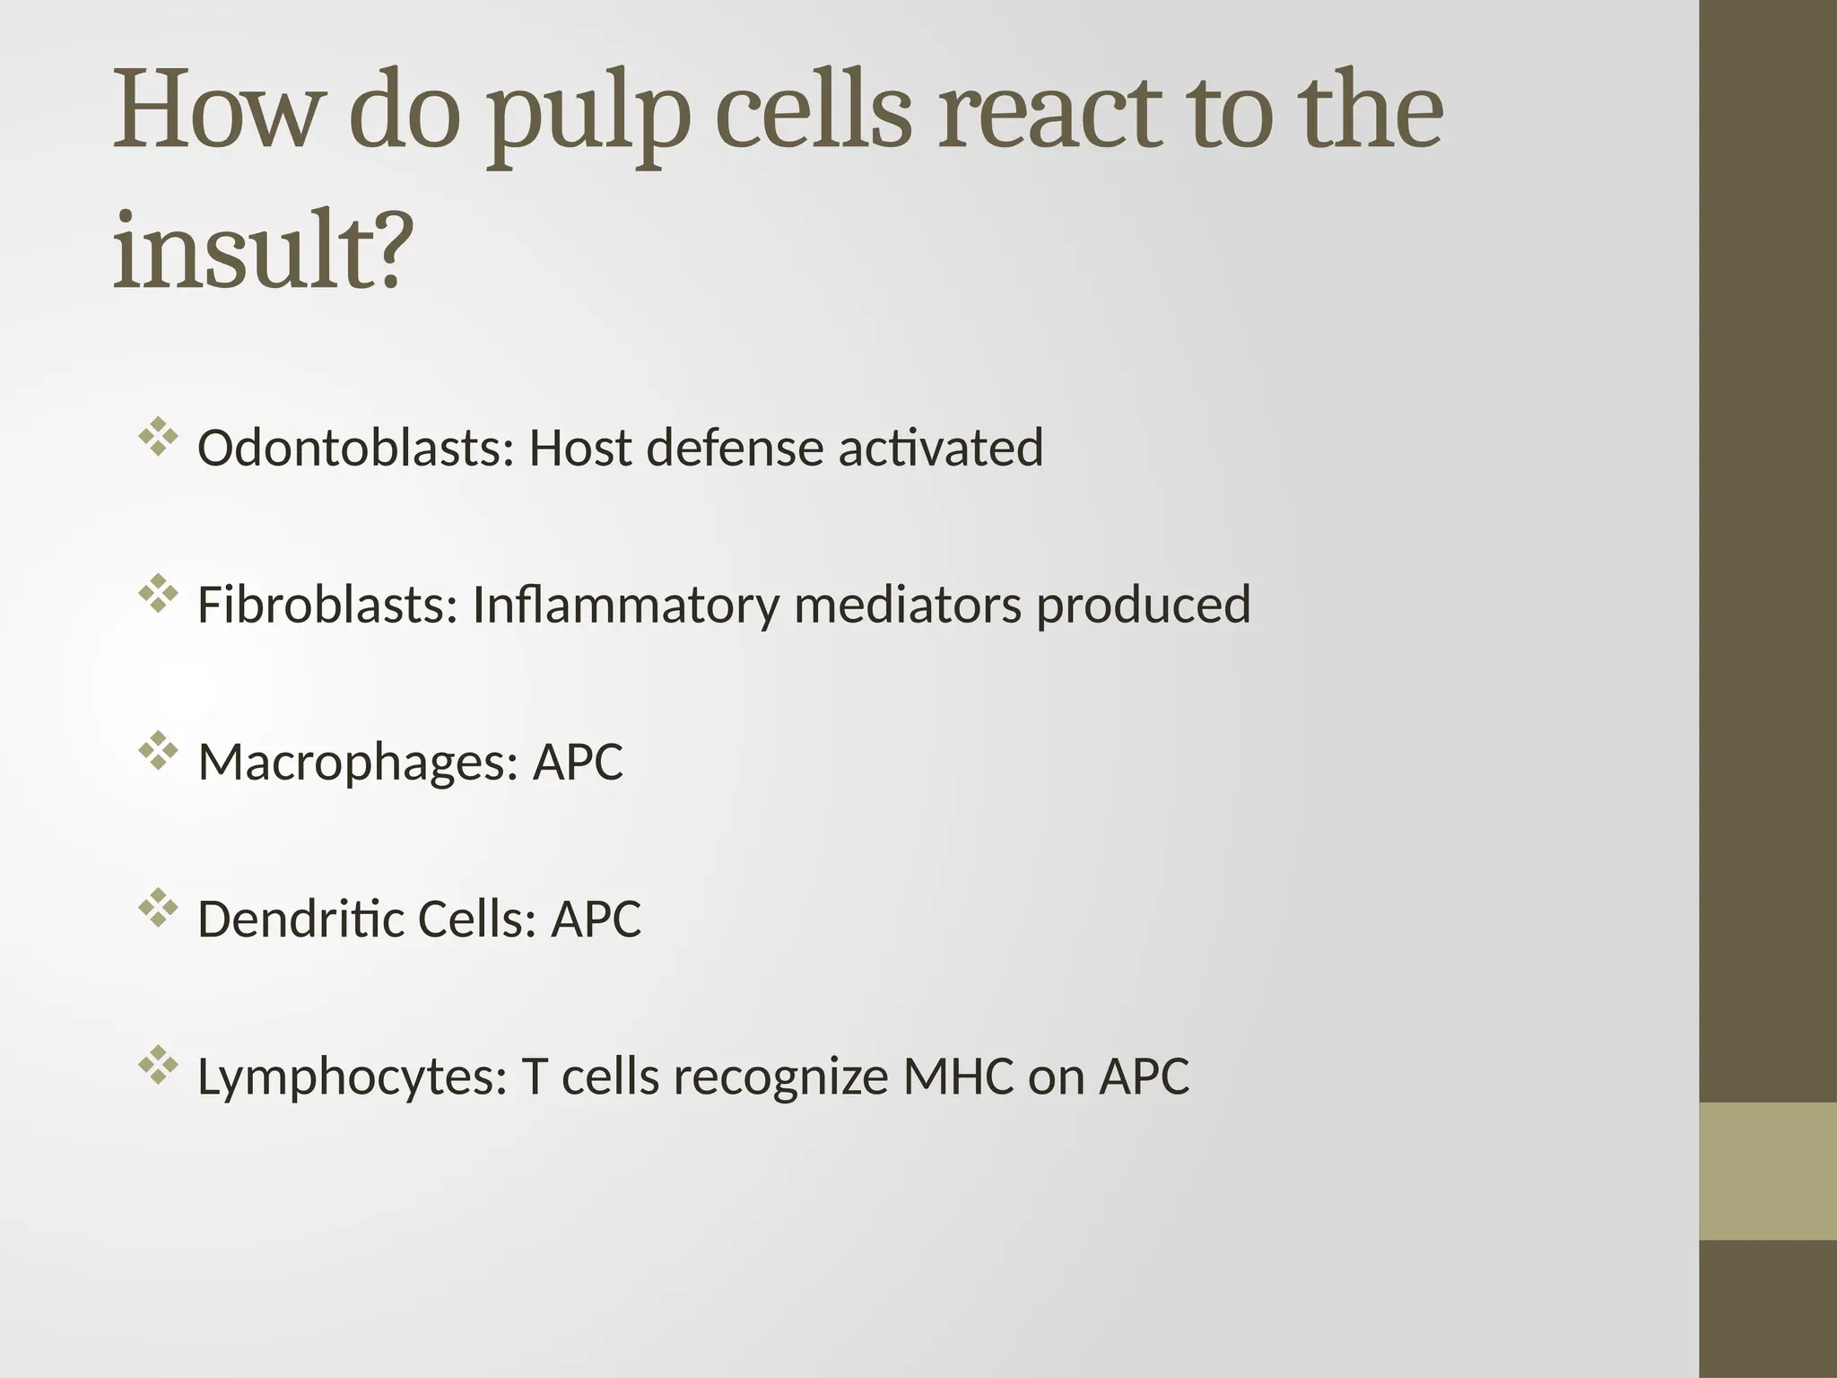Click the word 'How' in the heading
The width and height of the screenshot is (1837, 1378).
[x=216, y=112]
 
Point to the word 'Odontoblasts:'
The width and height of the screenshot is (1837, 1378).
[x=355, y=448]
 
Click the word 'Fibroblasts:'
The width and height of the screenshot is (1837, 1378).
[x=327, y=604]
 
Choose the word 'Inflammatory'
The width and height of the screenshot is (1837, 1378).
[x=625, y=605]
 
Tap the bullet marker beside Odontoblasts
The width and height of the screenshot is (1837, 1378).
[x=157, y=438]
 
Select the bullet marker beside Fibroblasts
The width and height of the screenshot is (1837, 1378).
[x=157, y=594]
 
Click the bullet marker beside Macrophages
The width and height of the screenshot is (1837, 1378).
[x=157, y=752]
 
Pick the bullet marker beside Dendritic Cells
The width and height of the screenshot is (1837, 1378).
[x=157, y=908]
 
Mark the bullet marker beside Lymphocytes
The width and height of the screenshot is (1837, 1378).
[x=157, y=1066]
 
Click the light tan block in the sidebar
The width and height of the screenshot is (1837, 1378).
[x=1768, y=1171]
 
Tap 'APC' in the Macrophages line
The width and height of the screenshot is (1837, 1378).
[x=578, y=763]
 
